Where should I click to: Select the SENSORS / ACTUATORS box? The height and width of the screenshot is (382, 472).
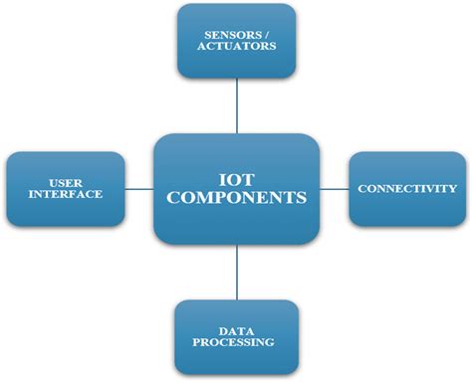point(237,41)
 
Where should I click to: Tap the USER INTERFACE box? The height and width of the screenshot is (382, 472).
point(66,188)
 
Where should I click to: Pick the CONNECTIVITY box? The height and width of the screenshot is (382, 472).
point(407,188)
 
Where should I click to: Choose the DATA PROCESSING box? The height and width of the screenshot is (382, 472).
point(236,336)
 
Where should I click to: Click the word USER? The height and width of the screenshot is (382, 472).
point(66,182)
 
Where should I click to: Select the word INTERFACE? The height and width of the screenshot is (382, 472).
point(66,195)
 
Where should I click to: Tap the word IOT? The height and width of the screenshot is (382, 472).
point(237,178)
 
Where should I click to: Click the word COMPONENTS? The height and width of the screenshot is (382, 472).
point(237,198)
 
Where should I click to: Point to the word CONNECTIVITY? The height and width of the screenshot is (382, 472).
point(407,188)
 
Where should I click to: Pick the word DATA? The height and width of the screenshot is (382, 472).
point(236,329)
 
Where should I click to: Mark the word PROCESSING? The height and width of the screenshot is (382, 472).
point(236,343)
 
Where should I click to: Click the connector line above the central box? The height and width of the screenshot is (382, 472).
point(237,105)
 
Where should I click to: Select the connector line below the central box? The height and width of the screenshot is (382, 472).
point(237,271)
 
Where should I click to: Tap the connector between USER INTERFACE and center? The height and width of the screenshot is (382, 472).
point(139,188)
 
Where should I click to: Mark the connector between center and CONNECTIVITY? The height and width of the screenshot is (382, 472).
point(334,188)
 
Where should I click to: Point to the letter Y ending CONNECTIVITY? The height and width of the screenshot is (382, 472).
point(452,188)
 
